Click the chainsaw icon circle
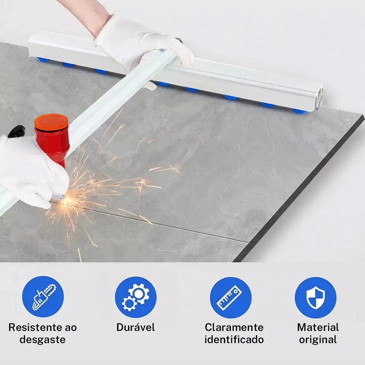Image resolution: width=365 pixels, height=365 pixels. pos(43,297)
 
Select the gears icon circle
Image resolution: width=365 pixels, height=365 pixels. pos(136,297)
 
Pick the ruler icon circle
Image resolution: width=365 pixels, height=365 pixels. pos(231,297)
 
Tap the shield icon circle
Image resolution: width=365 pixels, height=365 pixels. pos(315,297)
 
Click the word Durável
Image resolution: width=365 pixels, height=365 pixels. pos(136,327)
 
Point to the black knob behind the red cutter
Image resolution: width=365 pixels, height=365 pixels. pos(17,131)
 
